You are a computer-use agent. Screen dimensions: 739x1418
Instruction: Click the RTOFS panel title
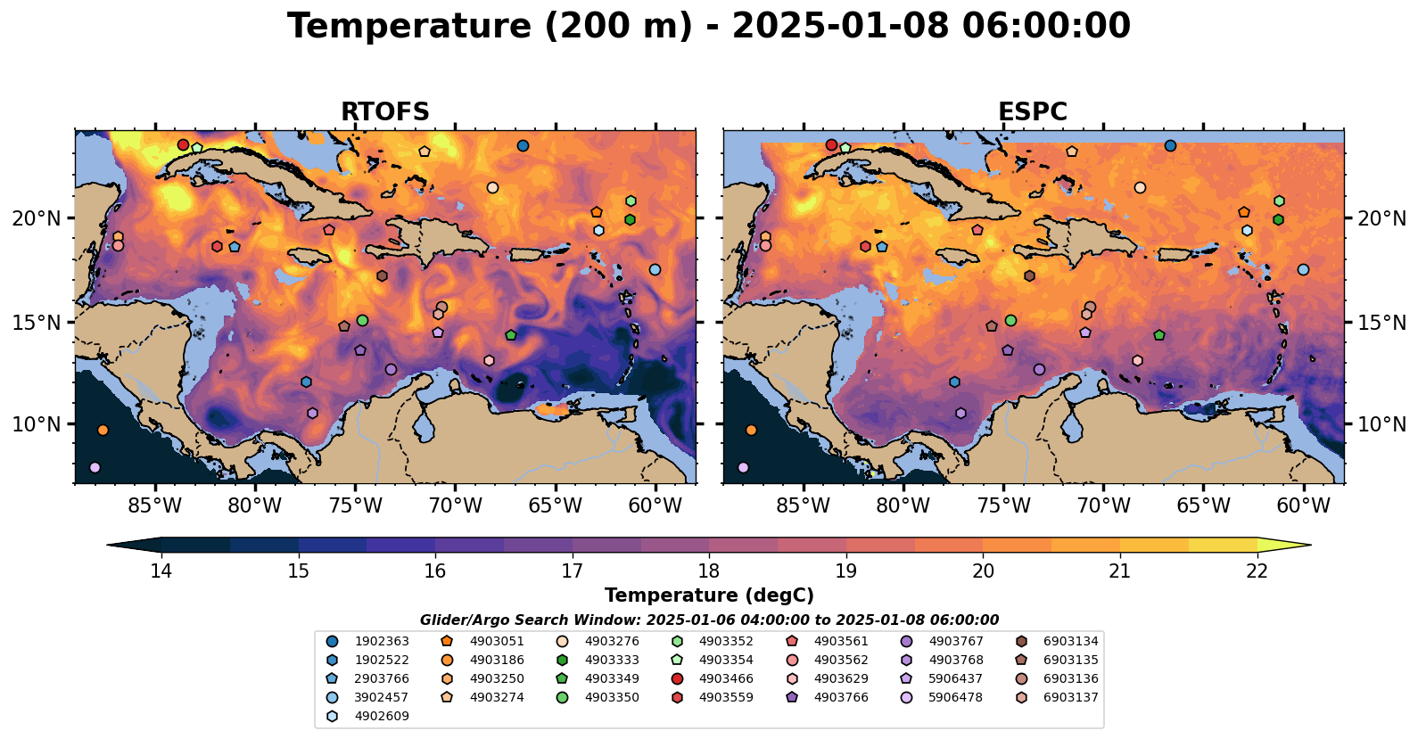(x=385, y=112)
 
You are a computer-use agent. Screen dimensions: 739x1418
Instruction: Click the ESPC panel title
(x=1033, y=112)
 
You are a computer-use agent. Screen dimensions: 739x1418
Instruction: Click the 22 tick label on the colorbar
(x=1257, y=571)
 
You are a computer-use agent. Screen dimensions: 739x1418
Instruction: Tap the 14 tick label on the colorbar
(x=161, y=571)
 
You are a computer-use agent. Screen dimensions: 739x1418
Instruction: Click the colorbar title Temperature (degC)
(x=709, y=595)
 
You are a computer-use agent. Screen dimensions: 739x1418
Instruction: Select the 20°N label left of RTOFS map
(x=37, y=218)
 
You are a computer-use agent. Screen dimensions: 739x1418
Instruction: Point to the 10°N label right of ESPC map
(x=1381, y=424)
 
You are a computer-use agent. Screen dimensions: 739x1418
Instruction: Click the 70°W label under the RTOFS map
(x=455, y=506)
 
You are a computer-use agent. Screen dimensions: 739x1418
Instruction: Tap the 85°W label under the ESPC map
(x=803, y=506)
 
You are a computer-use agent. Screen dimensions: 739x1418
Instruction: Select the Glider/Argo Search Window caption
(x=709, y=620)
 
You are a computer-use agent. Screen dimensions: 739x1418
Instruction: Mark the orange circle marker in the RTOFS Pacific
(x=103, y=430)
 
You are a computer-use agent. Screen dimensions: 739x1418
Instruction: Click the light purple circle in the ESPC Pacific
(x=743, y=467)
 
